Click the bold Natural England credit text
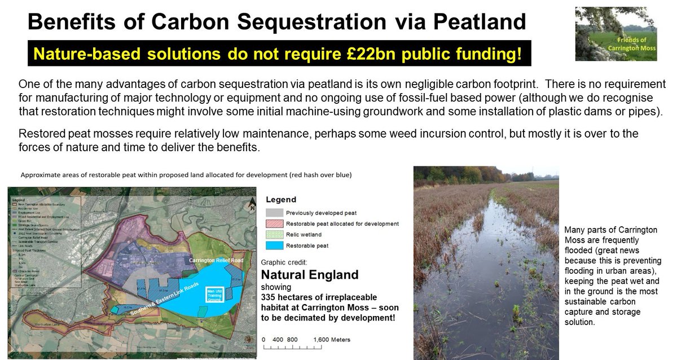click(309, 275)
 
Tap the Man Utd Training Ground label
click(214, 294)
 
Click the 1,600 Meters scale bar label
click(331, 340)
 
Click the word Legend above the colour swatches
click(280, 200)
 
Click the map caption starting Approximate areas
click(186, 175)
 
